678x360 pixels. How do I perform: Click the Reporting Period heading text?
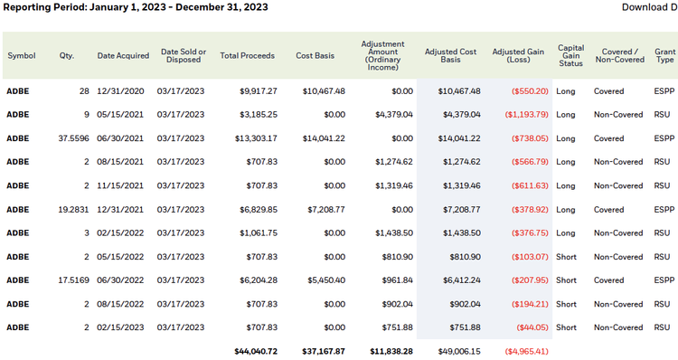tap(136, 7)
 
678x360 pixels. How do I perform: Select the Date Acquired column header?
tap(123, 56)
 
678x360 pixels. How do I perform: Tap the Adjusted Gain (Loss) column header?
tap(519, 56)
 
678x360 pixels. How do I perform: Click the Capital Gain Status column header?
tap(570, 56)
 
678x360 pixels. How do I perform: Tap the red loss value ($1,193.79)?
tap(523, 115)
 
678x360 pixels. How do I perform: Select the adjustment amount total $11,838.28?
tap(389, 351)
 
